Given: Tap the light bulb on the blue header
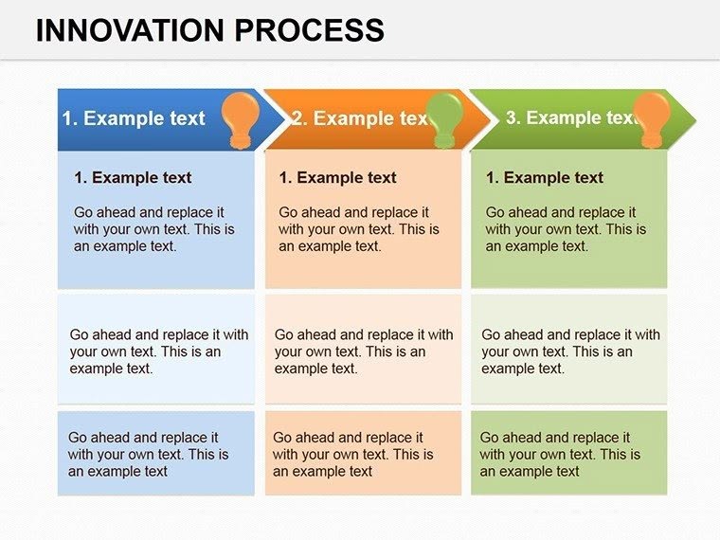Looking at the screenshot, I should point(240,117).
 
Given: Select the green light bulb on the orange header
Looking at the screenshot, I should point(444,118).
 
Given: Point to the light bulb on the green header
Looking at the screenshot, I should point(651,118).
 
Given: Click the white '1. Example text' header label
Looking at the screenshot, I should point(134,118).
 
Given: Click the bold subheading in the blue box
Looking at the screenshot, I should point(133,177).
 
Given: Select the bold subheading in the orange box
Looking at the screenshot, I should point(337,177).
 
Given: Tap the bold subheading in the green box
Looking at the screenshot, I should point(545,177).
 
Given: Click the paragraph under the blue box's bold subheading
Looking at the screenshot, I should point(153,229).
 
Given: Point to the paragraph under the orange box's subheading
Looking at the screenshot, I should point(358,229).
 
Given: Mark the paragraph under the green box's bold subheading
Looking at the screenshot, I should point(566,229).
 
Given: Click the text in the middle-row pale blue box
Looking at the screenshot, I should point(158,351).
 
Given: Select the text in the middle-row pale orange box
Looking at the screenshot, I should point(364,351).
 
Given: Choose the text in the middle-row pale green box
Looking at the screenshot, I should point(570,351).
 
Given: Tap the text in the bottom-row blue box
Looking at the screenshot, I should point(148,454).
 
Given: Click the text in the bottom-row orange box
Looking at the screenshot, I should point(352,454).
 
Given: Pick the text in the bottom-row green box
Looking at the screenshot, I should point(559,454).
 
